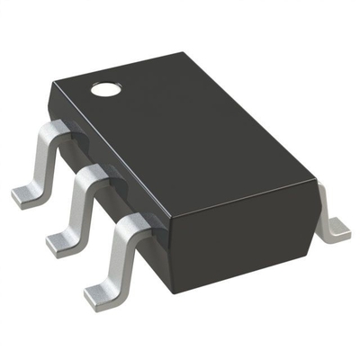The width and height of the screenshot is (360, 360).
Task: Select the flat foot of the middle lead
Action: (63, 241)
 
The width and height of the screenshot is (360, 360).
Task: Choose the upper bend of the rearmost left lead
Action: (54, 132)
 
